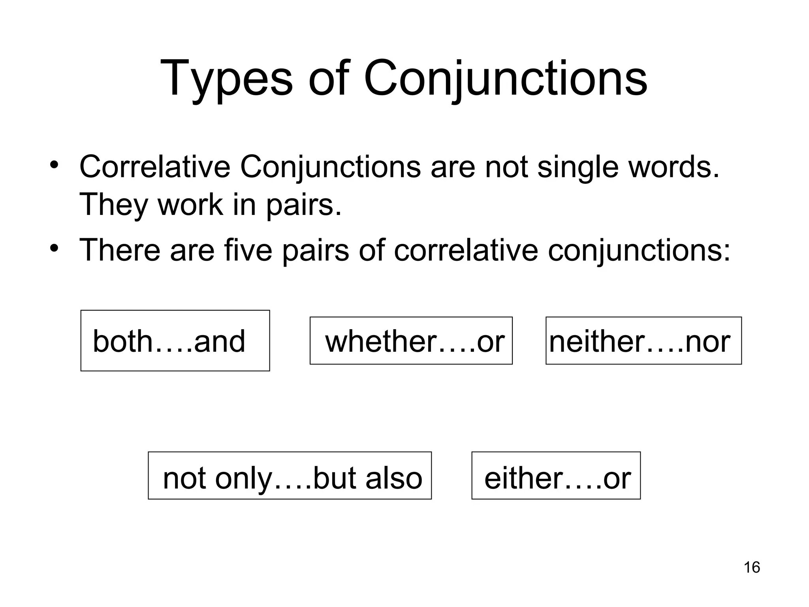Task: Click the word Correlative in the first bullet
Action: pyautogui.click(x=154, y=167)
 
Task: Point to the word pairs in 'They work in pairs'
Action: pyautogui.click(x=303, y=205)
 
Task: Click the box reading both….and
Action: pyautogui.click(x=175, y=341)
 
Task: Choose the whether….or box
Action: pyautogui.click(x=411, y=341)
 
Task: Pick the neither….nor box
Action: pyautogui.click(x=643, y=341)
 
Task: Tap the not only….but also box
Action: pyautogui.click(x=290, y=475)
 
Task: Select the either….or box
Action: pyautogui.click(x=556, y=475)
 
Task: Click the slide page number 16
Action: pyautogui.click(x=752, y=567)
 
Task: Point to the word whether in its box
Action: pyautogui.click(x=380, y=341)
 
